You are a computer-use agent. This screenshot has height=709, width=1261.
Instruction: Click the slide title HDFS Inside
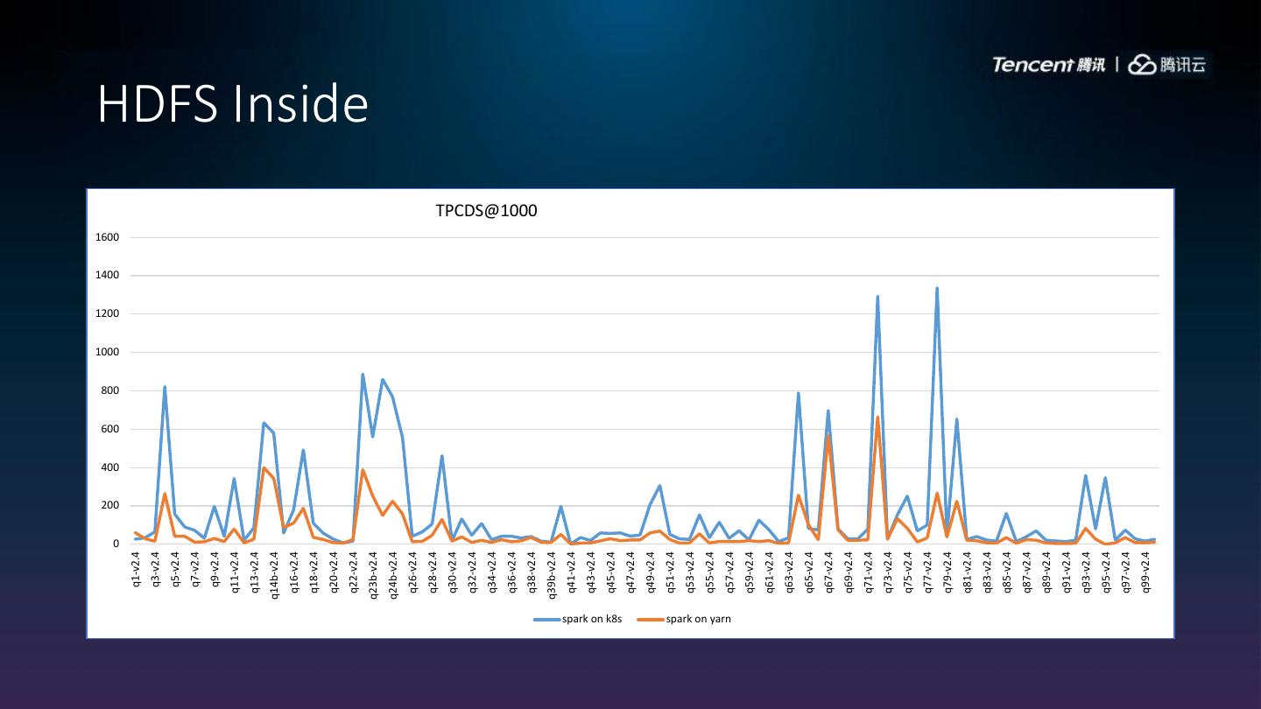[x=232, y=104]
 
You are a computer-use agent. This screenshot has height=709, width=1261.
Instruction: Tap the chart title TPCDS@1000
[x=486, y=211]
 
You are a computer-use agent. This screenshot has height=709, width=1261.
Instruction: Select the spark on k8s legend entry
[x=578, y=619]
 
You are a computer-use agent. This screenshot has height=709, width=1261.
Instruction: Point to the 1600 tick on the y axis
[x=108, y=237]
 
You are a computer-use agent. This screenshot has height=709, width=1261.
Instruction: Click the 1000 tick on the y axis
[x=108, y=352]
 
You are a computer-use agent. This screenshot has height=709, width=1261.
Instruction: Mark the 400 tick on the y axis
[x=110, y=467]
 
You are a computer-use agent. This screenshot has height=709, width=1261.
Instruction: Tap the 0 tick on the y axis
[x=116, y=544]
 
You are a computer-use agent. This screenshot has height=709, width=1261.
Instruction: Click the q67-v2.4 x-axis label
[x=828, y=570]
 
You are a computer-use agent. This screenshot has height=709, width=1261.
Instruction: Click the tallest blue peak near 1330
[x=937, y=288]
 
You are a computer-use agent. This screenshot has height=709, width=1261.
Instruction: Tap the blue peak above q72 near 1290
[x=877, y=297]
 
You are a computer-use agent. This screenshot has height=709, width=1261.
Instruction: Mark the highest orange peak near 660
[x=877, y=418]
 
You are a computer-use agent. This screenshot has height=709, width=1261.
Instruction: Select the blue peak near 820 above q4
[x=165, y=387]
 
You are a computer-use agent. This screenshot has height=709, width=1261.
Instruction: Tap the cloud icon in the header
[x=1142, y=65]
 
